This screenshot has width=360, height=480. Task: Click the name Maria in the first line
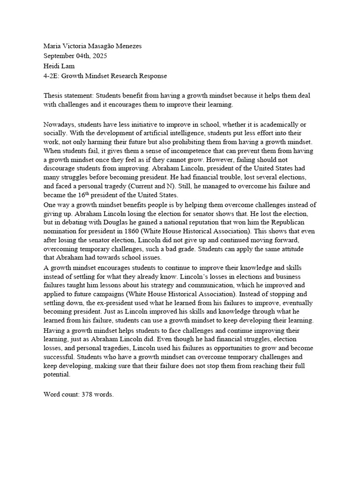pyautogui.click(x=53, y=46)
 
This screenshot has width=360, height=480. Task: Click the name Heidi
pyautogui.click(x=52, y=66)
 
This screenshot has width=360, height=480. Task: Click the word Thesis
pyautogui.click(x=54, y=95)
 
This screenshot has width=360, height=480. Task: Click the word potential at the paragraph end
pyautogui.click(x=57, y=375)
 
